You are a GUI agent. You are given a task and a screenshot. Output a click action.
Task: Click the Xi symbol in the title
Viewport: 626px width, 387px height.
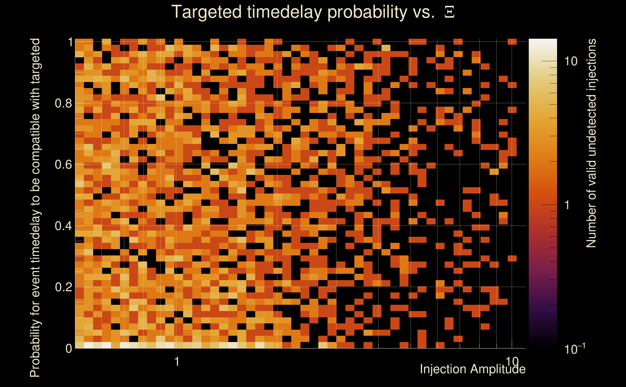click(449, 12)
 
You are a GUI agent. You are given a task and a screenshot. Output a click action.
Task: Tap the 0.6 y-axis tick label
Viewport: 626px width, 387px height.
click(63, 164)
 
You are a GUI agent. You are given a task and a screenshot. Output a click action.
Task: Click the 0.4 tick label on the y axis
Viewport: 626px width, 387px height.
click(63, 226)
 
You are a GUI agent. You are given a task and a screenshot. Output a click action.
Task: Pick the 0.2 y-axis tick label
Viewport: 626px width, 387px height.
click(63, 287)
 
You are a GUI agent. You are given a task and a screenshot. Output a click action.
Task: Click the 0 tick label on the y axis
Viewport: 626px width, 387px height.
click(69, 348)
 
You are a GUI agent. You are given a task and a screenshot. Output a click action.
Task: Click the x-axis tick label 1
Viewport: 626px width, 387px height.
click(177, 362)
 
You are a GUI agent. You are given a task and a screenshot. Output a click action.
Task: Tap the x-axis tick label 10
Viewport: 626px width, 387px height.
click(512, 362)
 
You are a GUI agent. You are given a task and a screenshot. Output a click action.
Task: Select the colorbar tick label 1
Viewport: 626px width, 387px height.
click(567, 205)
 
